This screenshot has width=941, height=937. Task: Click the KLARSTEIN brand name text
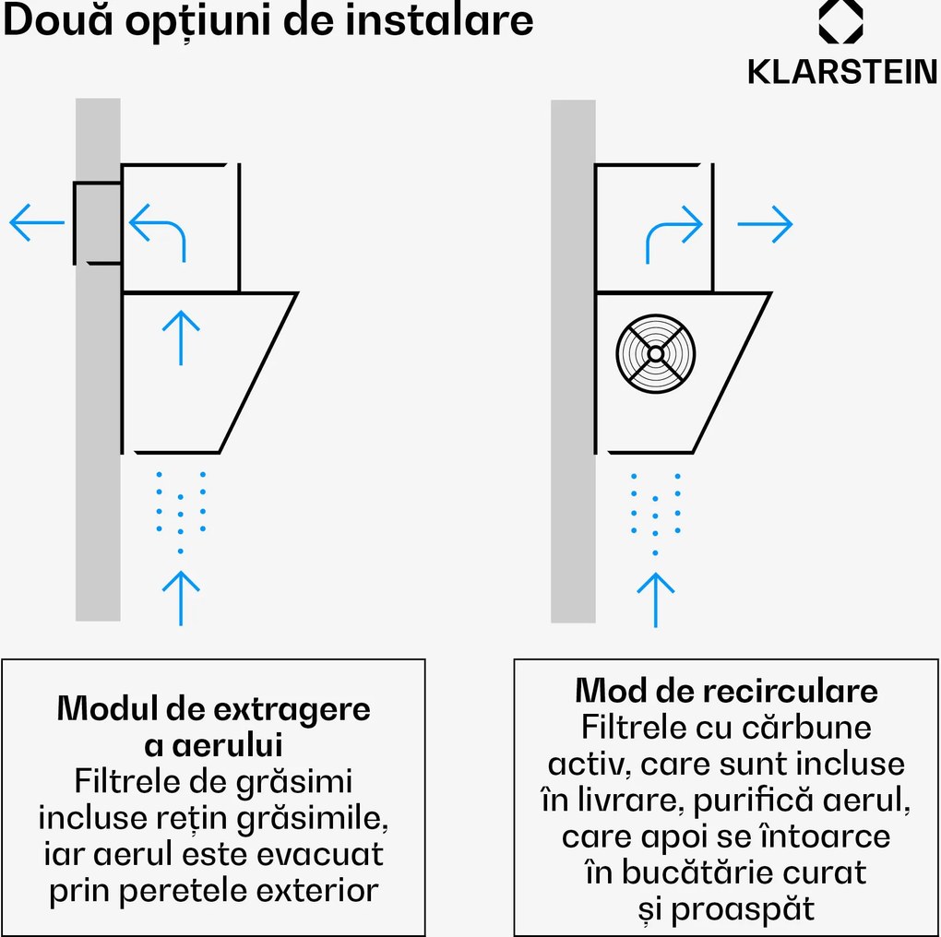coord(842,72)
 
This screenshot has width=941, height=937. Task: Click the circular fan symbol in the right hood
coord(655,353)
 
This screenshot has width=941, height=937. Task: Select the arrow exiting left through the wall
coord(37,223)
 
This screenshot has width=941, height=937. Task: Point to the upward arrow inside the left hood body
coord(182,337)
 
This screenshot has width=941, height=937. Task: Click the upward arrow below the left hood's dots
coord(182,598)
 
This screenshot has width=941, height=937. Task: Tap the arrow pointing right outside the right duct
coord(766,223)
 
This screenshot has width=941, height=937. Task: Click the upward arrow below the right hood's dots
coord(655,599)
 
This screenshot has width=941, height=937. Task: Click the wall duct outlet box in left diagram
coord(97,222)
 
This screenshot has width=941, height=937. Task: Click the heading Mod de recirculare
coord(726,691)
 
